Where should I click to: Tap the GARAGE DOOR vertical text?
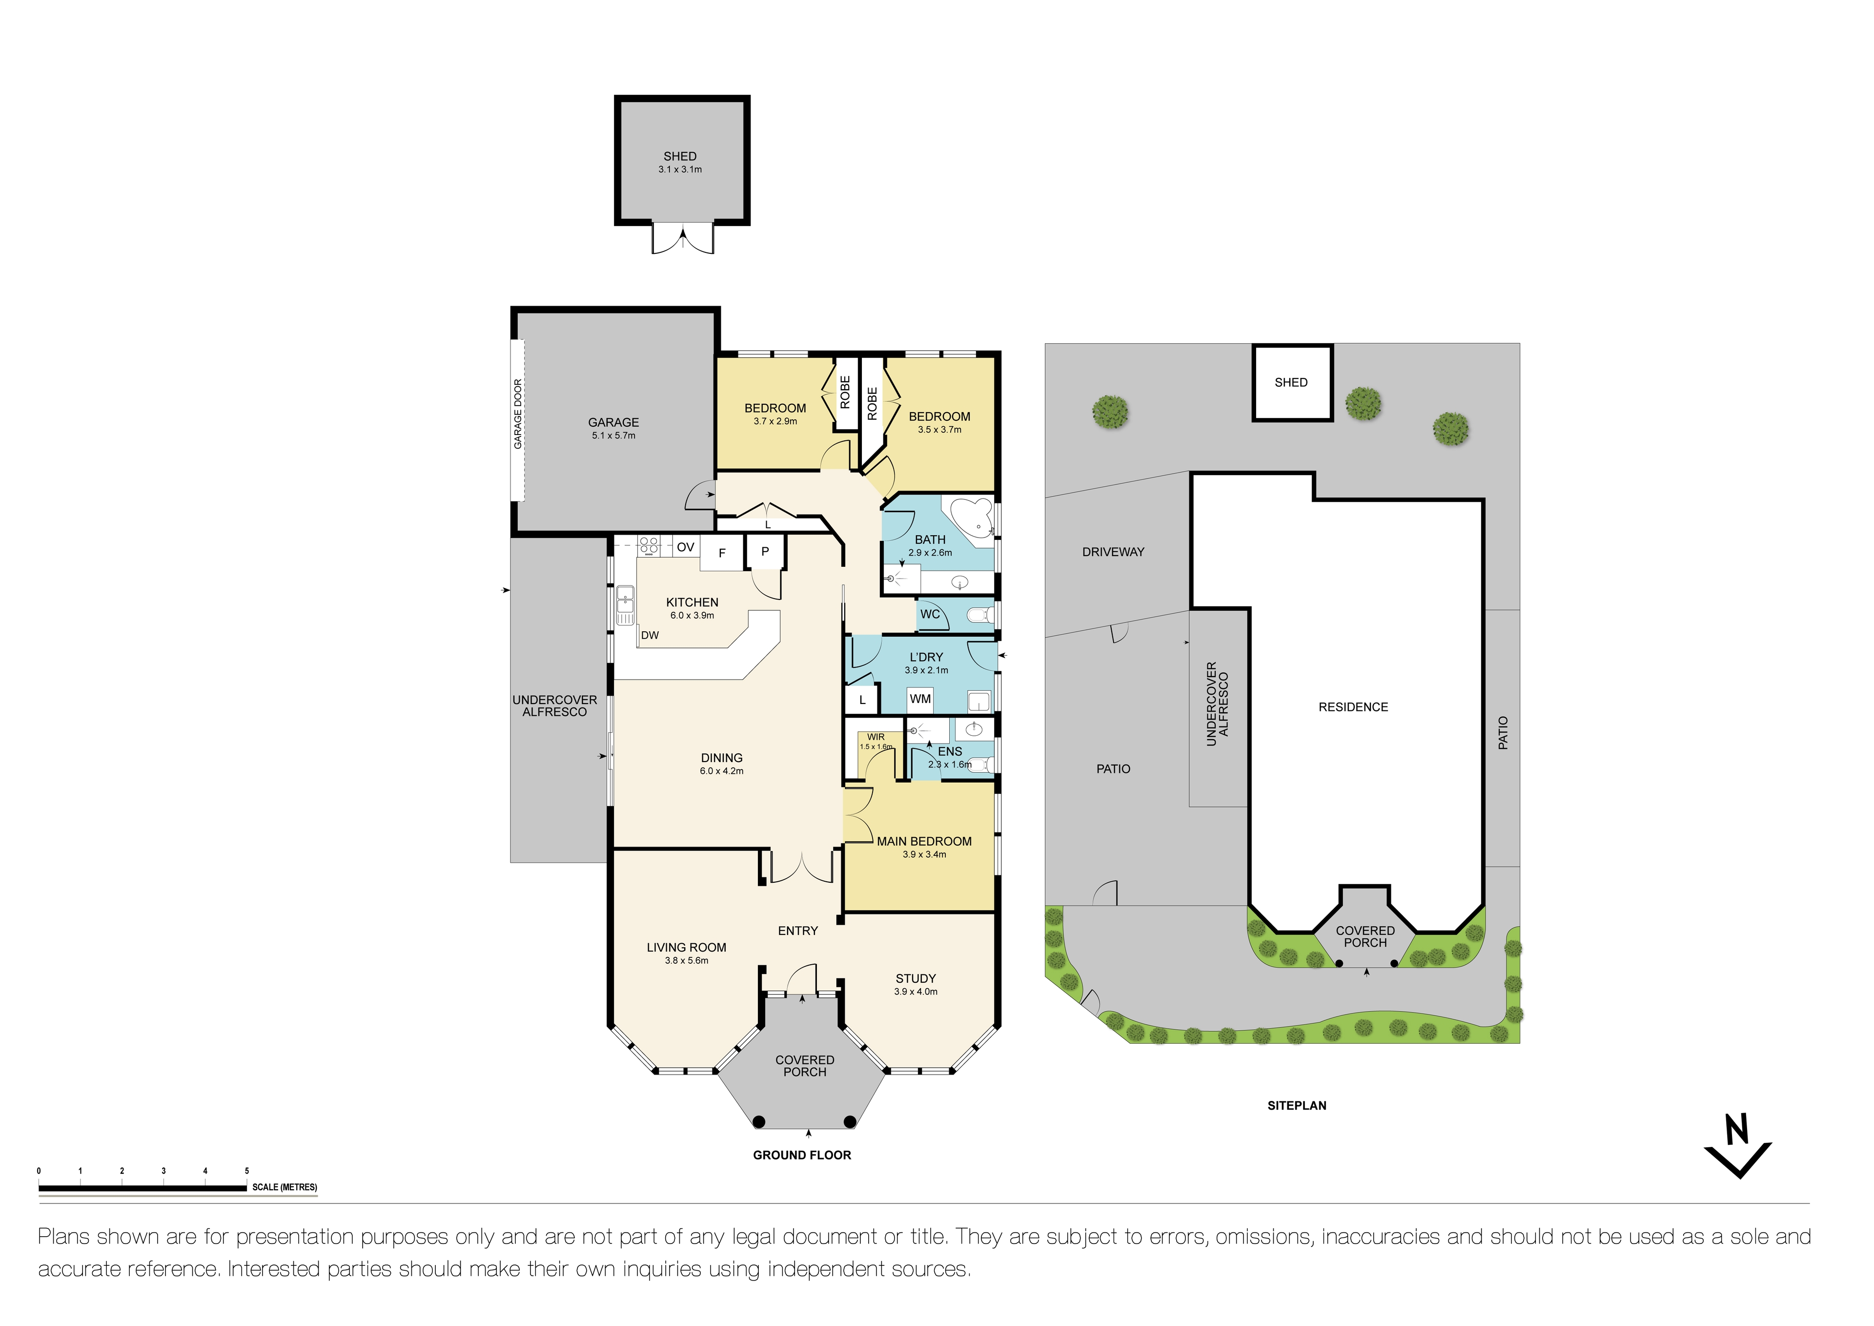(517, 414)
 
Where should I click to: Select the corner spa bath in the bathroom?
(974, 520)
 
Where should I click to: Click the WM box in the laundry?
(920, 699)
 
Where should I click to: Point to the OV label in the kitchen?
(686, 547)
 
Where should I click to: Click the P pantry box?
(765, 552)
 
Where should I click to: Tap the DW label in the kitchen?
(650, 635)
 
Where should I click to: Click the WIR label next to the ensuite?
(876, 737)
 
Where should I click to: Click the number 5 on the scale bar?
(246, 1171)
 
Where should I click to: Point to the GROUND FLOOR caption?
(801, 1155)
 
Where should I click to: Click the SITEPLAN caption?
(1296, 1105)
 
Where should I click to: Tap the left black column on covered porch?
(758, 1122)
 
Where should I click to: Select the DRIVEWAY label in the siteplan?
(1113, 552)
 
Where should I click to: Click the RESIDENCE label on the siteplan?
(1352, 707)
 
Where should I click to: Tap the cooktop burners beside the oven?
(649, 545)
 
